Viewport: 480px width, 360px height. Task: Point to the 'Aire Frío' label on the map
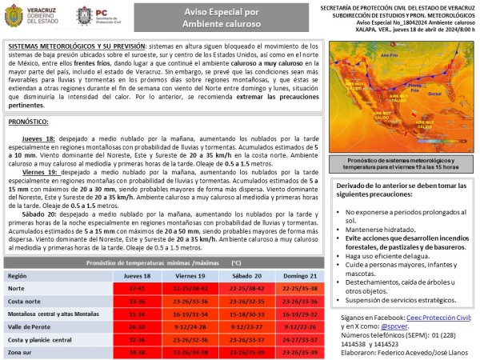388,56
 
